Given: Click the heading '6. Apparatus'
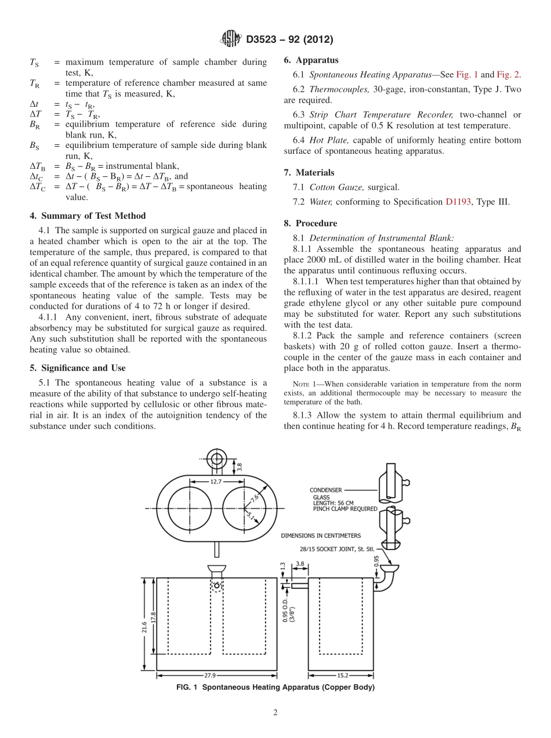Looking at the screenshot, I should click(311, 60).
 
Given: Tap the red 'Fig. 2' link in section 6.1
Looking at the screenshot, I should click(508, 75).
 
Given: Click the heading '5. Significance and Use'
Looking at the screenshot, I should click(78, 368).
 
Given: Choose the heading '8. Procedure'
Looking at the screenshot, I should click(310, 223).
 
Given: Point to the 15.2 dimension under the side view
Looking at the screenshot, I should click(342, 675).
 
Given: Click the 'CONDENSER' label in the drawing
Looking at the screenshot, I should click(325, 490).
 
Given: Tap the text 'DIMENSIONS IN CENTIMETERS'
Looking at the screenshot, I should click(321, 536).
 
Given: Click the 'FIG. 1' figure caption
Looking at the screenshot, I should click(275, 688).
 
